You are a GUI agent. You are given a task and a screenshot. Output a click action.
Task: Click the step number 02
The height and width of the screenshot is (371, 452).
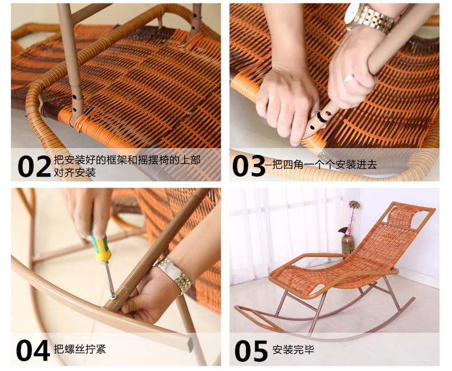click(34, 166)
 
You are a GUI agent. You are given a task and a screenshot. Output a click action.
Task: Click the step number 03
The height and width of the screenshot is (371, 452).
click(248, 166)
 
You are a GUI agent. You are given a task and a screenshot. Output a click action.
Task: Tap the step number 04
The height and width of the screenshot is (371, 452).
click(33, 350)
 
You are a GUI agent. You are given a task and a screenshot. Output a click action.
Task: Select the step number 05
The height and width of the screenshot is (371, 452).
click(251, 350)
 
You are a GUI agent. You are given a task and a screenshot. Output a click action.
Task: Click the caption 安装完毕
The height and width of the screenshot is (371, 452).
click(293, 350)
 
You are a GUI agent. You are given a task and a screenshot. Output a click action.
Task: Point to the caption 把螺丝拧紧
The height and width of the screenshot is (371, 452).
click(80, 349)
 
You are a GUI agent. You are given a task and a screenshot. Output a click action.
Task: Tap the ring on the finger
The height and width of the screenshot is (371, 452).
click(348, 78)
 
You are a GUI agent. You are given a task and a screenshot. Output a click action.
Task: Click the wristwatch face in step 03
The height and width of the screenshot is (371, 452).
click(352, 14)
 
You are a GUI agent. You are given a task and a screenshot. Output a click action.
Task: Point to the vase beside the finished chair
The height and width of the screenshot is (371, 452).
click(348, 244)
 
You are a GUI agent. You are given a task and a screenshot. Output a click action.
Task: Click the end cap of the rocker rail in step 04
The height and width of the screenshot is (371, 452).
click(191, 345)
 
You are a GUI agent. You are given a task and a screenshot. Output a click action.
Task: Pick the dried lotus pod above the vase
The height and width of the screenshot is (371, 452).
click(354, 205)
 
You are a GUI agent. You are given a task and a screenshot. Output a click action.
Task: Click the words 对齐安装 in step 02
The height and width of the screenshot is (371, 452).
click(74, 172)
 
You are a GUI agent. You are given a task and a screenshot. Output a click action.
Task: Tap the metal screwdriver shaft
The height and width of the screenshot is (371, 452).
click(108, 278)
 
